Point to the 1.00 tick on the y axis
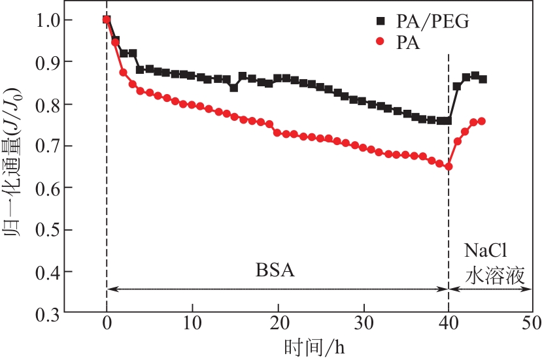point(42,20)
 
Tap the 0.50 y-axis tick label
point(42,230)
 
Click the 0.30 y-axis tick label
point(42,314)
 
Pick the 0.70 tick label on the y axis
point(42,146)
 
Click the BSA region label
point(275,270)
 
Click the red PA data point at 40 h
point(449,167)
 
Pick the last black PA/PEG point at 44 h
point(483,79)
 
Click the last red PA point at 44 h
point(482,121)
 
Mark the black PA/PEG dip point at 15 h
point(234,88)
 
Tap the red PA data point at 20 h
point(277,133)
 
